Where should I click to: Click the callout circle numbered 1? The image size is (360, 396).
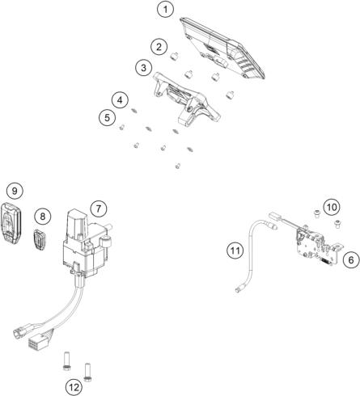click(165, 11)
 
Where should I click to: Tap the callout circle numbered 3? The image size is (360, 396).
click(142, 67)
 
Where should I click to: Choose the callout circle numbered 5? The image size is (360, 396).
click(106, 117)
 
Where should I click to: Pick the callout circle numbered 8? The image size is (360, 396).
click(44, 216)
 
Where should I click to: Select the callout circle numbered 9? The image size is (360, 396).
click(14, 191)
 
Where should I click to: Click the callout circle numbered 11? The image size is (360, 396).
click(235, 251)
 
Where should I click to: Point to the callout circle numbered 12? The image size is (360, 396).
click(74, 387)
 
